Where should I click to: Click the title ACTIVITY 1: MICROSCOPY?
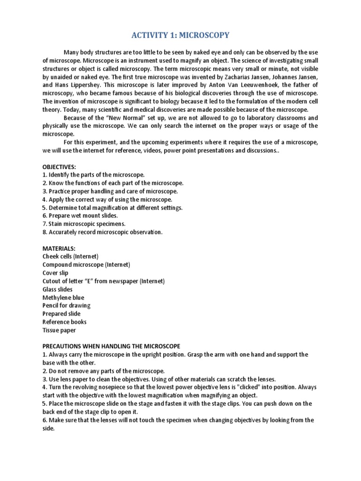[180, 34]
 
